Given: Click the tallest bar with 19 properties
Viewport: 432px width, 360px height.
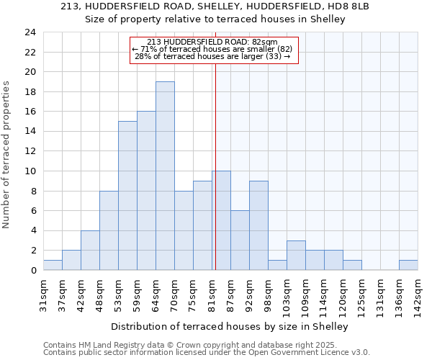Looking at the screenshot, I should click(165, 176).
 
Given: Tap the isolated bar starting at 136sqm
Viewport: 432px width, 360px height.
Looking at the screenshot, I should click(408, 265).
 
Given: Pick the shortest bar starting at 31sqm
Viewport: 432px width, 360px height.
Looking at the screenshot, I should click(53, 265).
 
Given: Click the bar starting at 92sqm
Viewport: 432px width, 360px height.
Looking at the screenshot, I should click(258, 225).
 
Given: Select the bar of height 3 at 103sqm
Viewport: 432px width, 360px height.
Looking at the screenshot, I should click(296, 255).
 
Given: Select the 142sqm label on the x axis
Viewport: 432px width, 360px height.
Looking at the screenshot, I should click(418, 294).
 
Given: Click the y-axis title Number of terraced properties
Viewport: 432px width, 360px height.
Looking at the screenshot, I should click(7, 155).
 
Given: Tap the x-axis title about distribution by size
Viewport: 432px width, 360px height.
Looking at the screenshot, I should click(230, 326).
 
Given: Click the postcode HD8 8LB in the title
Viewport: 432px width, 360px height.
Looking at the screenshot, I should click(348, 6).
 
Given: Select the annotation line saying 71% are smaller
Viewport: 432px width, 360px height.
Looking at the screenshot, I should click(212, 49).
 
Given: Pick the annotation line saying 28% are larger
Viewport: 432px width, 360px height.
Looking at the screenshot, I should click(212, 56).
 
